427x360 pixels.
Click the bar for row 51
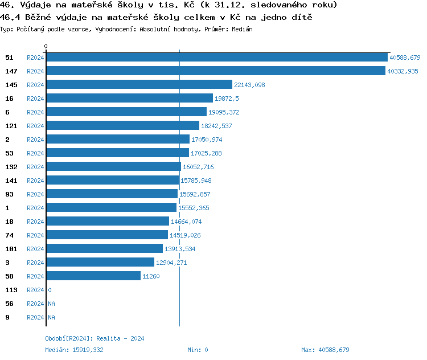[x=216, y=58]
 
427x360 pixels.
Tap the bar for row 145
[x=139, y=85]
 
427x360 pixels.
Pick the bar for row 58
[x=93, y=276]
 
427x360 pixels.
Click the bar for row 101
[x=104, y=249]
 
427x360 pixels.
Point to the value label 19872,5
[x=227, y=99]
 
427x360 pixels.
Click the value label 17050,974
[x=207, y=140]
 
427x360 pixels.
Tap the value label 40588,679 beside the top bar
[x=405, y=58]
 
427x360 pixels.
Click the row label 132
[x=11, y=167]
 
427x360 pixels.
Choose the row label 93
[x=9, y=194]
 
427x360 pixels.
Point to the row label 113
[x=11, y=290]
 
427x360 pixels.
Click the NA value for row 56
[x=51, y=304]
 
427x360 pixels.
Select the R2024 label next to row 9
[x=35, y=317]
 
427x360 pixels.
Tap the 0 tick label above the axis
[x=46, y=46]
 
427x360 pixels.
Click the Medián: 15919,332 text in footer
[x=74, y=350]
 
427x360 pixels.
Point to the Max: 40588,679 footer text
[x=325, y=350]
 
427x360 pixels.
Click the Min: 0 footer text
[x=198, y=350]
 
